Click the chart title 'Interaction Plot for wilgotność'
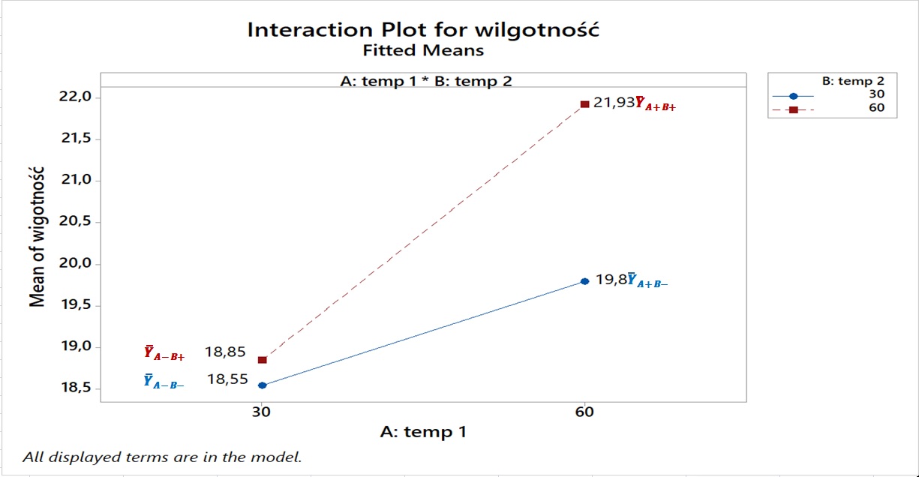(423, 30)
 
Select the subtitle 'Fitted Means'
(423, 51)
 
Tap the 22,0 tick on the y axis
(77, 97)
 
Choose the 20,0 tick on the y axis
(77, 264)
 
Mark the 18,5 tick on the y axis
(77, 388)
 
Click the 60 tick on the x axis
(584, 412)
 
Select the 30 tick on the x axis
(261, 412)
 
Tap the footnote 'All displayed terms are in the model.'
(162, 456)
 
